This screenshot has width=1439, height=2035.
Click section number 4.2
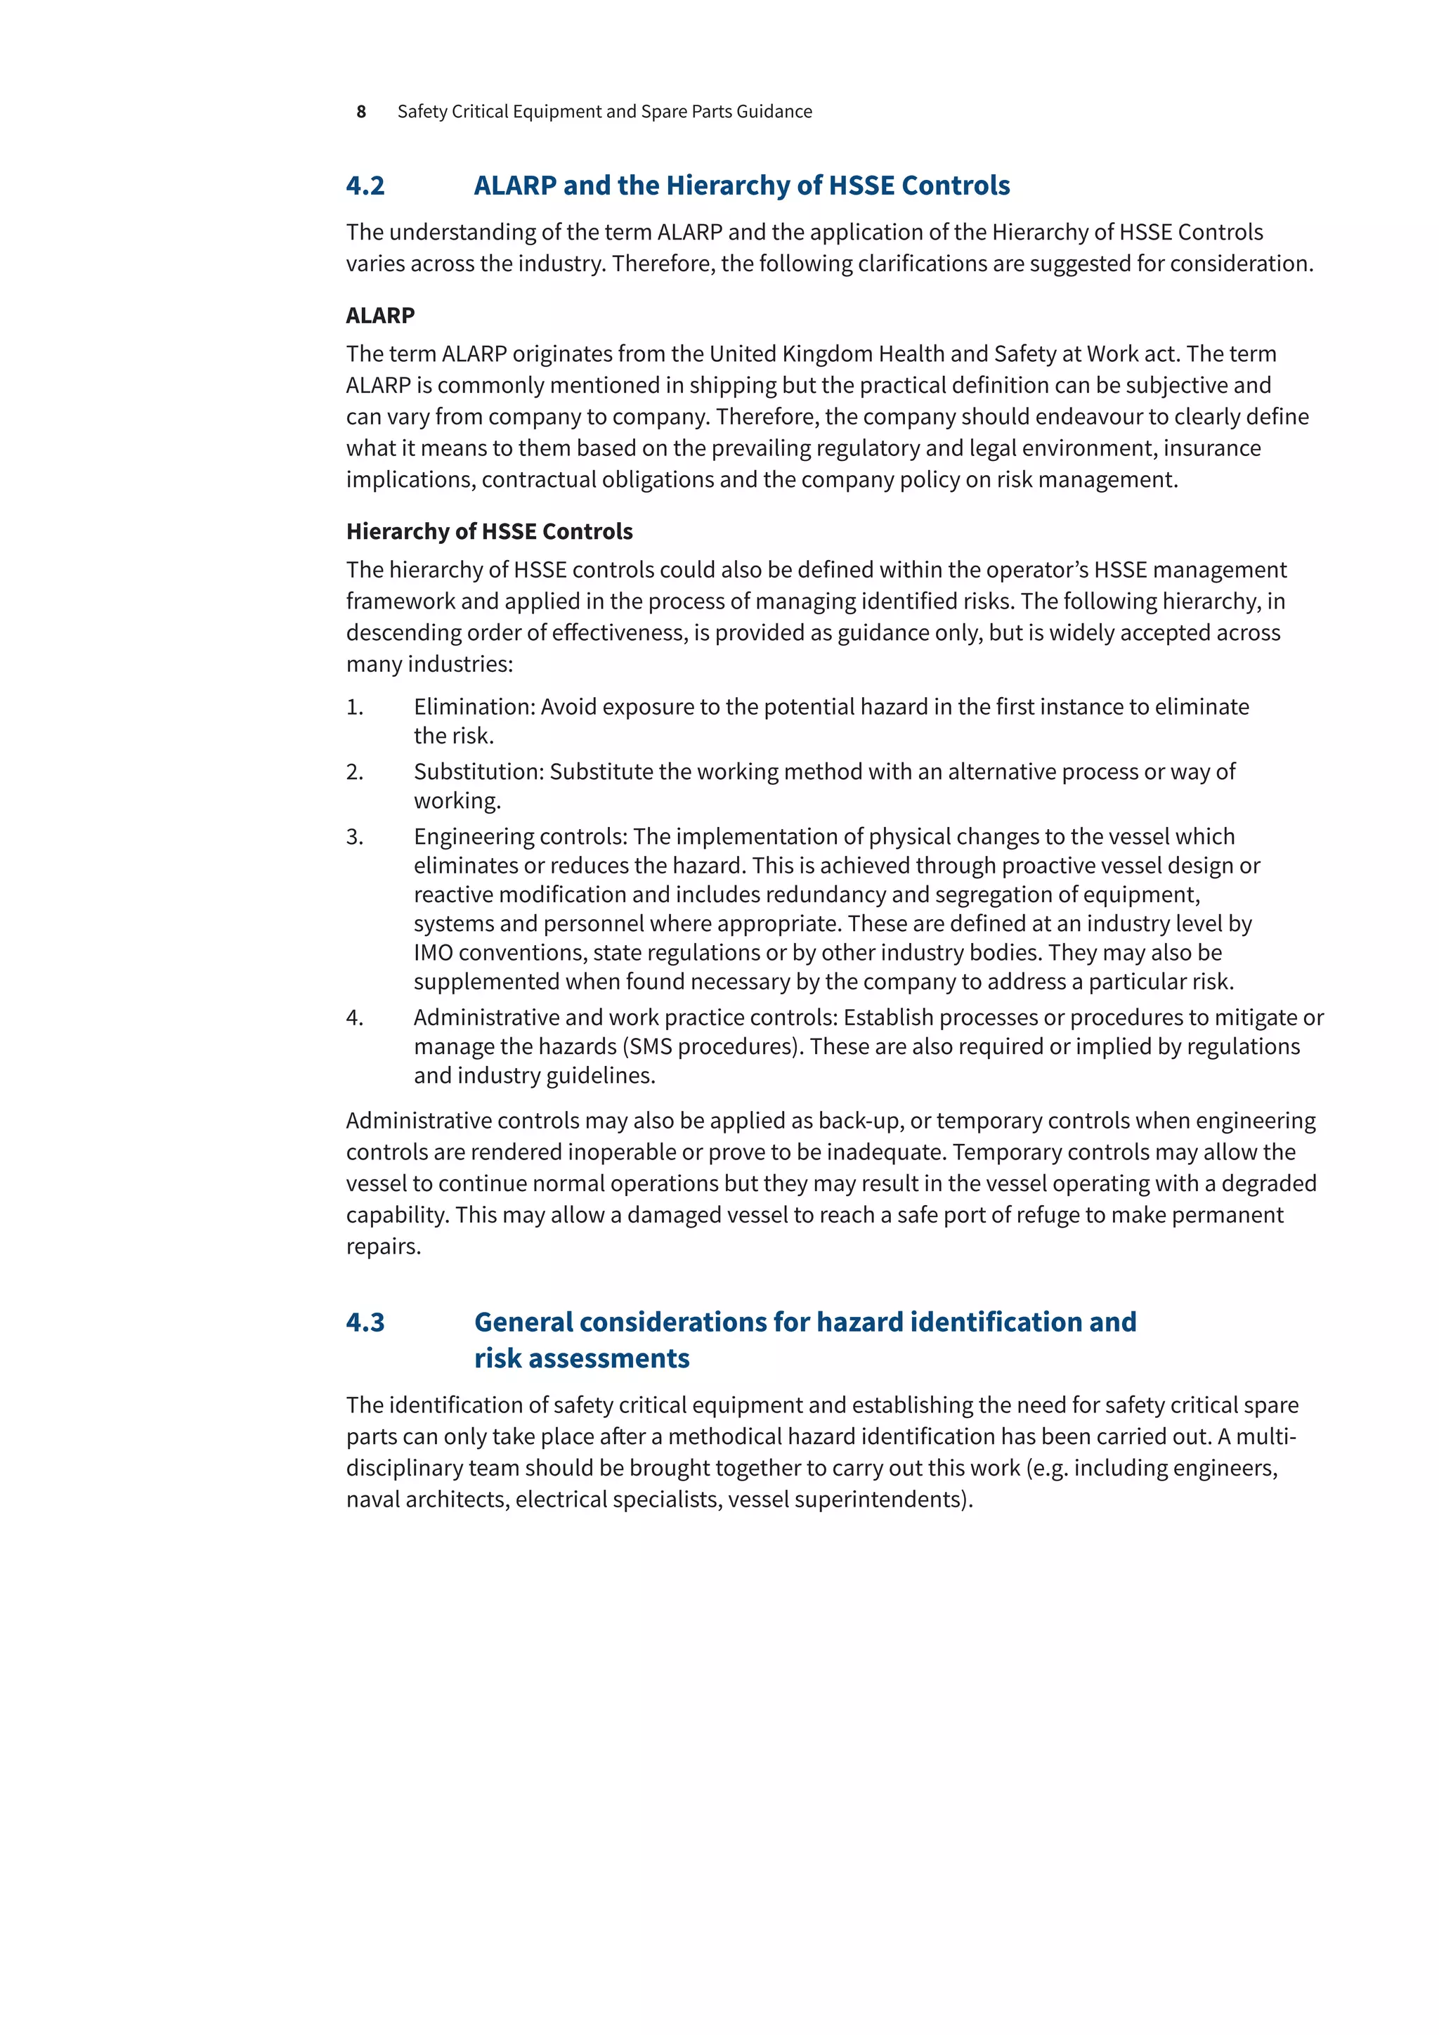coord(365,186)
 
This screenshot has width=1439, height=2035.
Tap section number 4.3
coord(365,1322)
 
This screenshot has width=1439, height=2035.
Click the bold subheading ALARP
coord(380,316)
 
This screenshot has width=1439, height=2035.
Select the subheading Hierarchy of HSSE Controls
coord(489,531)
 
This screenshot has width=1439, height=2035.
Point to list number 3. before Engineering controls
coord(354,837)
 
